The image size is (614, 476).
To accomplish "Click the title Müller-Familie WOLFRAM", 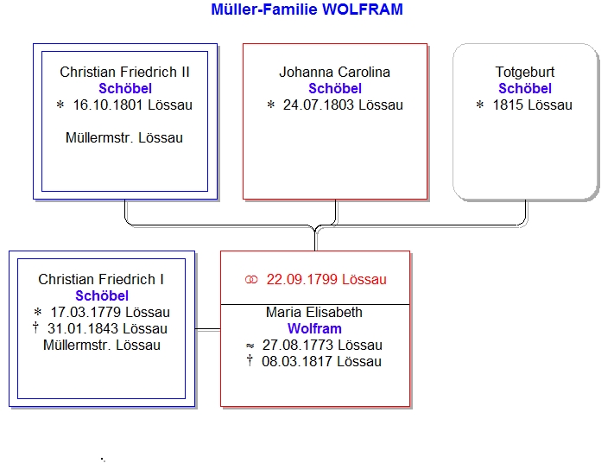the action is (x=307, y=10).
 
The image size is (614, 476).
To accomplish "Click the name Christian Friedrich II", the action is (x=124, y=72).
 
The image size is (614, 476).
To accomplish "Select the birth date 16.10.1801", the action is (x=108, y=105).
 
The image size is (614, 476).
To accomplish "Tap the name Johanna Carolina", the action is (x=335, y=72).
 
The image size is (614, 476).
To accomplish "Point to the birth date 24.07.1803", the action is (x=319, y=105).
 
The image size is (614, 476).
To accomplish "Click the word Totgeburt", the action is (x=525, y=72).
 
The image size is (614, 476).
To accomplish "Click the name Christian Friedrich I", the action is (x=101, y=279).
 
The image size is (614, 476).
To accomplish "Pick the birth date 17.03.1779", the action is (x=85, y=312).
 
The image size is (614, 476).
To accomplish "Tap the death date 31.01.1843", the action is (x=82, y=328).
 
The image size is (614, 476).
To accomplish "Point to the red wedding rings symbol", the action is (x=251, y=280).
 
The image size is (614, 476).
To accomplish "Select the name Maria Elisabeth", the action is (x=314, y=312).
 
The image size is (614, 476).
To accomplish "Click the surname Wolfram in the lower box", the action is (x=314, y=328).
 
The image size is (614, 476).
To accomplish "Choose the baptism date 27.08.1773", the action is (x=298, y=346).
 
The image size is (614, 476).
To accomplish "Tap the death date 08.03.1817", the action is (x=297, y=362).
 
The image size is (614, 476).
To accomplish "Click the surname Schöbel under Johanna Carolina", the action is (x=335, y=88).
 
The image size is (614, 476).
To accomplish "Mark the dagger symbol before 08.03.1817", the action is (x=250, y=360).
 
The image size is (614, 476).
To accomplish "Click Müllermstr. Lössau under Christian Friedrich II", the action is (x=124, y=138).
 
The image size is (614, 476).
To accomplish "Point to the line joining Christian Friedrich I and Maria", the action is (x=207, y=329).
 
